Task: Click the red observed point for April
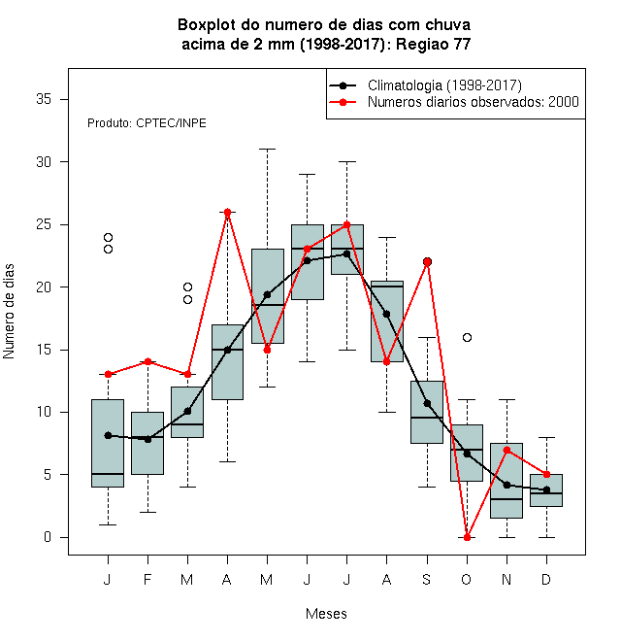click(x=228, y=212)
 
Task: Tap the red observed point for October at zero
click(x=467, y=537)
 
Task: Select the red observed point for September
click(x=427, y=262)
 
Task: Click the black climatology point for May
click(x=267, y=294)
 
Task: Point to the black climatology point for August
click(x=386, y=314)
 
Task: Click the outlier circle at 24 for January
click(x=108, y=237)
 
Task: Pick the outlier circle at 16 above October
click(x=467, y=337)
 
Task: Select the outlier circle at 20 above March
click(x=187, y=287)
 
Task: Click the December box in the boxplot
click(x=546, y=490)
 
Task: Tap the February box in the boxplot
click(x=147, y=443)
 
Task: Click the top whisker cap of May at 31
click(x=267, y=150)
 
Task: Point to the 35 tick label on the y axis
click(x=44, y=99)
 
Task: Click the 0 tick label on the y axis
click(x=48, y=537)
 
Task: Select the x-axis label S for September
click(x=427, y=579)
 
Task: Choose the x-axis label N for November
click(x=507, y=579)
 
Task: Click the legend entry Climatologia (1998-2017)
click(x=426, y=85)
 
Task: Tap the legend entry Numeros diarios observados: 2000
click(x=454, y=102)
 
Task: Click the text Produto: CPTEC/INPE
click(x=147, y=123)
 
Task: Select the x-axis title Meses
click(x=326, y=614)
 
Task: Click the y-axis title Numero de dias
click(x=9, y=312)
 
